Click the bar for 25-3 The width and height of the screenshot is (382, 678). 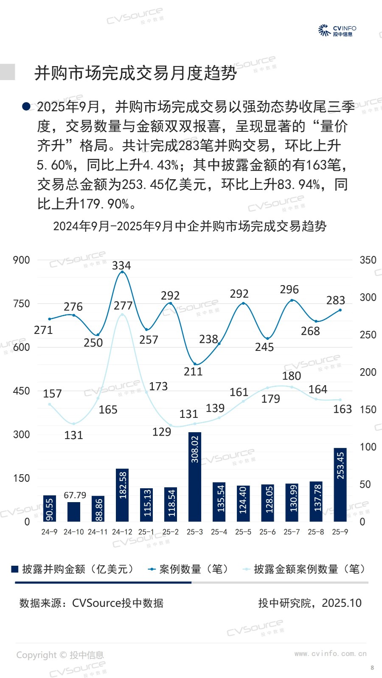194,477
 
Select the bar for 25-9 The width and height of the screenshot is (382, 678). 340,484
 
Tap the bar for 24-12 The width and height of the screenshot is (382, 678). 122,495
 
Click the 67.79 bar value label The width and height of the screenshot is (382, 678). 75,495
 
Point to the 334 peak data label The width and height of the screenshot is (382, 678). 121,266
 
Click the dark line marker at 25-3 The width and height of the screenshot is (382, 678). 195,364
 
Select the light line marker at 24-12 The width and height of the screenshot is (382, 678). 122,314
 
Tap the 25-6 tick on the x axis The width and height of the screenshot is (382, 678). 267,532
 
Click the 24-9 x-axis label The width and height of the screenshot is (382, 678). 49,532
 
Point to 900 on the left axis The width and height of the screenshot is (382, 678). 21,260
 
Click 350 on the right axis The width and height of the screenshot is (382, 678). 368,260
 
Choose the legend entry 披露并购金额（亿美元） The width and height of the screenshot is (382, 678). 73,569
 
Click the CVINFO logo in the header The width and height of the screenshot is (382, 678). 337,31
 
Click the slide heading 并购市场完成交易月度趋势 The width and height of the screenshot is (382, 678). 135,73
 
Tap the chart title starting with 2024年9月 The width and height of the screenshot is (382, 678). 190,226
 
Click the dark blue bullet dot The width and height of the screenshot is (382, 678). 26,106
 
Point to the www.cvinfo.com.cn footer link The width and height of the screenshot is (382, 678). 330,654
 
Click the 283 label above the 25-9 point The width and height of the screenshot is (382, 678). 335,300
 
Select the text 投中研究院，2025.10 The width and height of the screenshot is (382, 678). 310,603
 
